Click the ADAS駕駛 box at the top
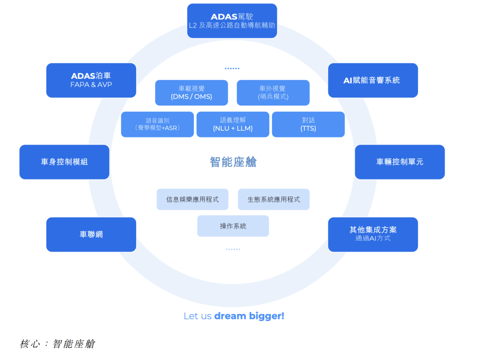[x=232, y=21]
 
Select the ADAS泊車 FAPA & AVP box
[x=91, y=80]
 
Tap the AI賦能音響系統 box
[x=373, y=80]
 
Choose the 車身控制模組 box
[x=64, y=162]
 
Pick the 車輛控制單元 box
[x=400, y=162]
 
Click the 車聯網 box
[x=91, y=234]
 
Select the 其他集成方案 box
[x=373, y=234]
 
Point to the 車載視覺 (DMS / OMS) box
[x=191, y=93]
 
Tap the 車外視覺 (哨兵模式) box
[x=273, y=93]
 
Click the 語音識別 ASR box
[x=157, y=124]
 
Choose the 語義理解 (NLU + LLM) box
[x=233, y=124]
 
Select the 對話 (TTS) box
[x=308, y=124]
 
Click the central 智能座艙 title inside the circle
[x=233, y=162]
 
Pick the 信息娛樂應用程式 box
[x=193, y=199]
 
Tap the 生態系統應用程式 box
[x=274, y=199]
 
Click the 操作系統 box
[x=233, y=226]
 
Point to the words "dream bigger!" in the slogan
[x=249, y=316]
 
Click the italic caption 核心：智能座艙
[x=57, y=344]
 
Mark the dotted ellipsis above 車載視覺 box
[x=232, y=68]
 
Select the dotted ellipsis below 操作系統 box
[x=233, y=249]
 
